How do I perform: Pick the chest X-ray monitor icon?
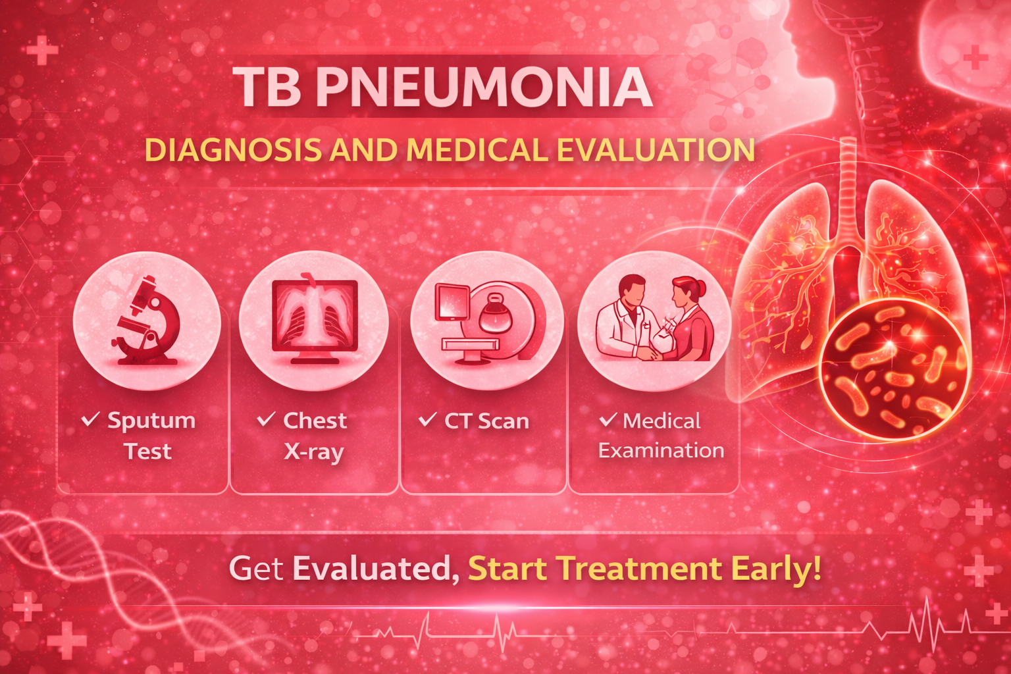tap(315, 321)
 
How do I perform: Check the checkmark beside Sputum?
tap(90, 419)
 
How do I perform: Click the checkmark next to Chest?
tap(266, 419)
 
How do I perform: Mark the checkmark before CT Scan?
tap(427, 419)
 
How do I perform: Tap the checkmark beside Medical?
tap(608, 419)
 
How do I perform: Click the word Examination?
tap(661, 450)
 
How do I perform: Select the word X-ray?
tap(314, 452)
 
